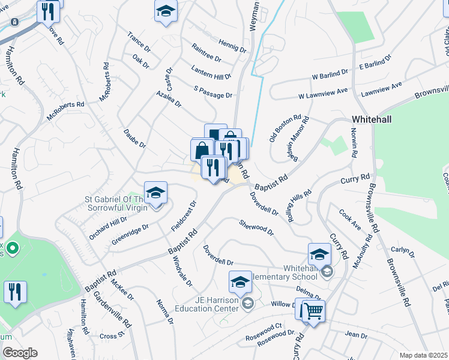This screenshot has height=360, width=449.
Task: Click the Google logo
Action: [x=20, y=353]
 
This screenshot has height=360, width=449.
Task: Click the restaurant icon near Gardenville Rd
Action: [x=15, y=292]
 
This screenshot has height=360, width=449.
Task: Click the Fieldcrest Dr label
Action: [x=183, y=215]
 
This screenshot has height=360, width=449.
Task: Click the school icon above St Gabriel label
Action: [x=156, y=193]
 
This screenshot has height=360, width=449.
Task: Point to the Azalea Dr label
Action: [x=169, y=99]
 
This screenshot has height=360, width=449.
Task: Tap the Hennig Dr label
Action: [x=232, y=46]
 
